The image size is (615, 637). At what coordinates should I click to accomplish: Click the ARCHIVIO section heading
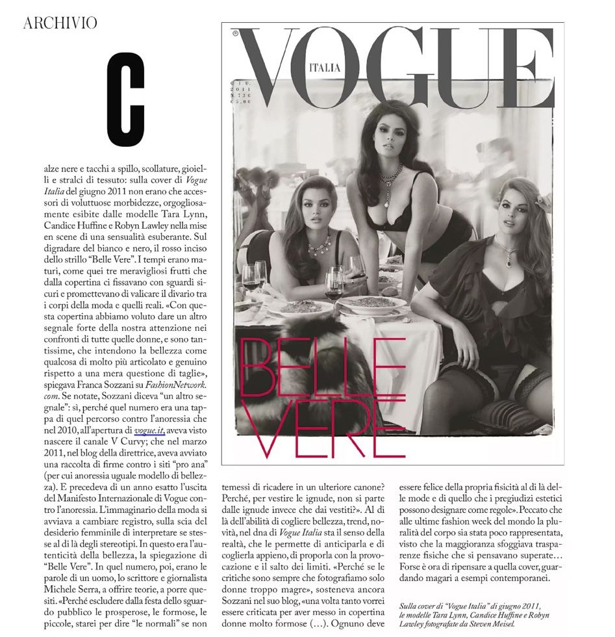point(60,23)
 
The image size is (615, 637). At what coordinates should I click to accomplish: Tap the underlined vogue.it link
point(149,431)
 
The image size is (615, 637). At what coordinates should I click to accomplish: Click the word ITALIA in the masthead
point(325,66)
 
